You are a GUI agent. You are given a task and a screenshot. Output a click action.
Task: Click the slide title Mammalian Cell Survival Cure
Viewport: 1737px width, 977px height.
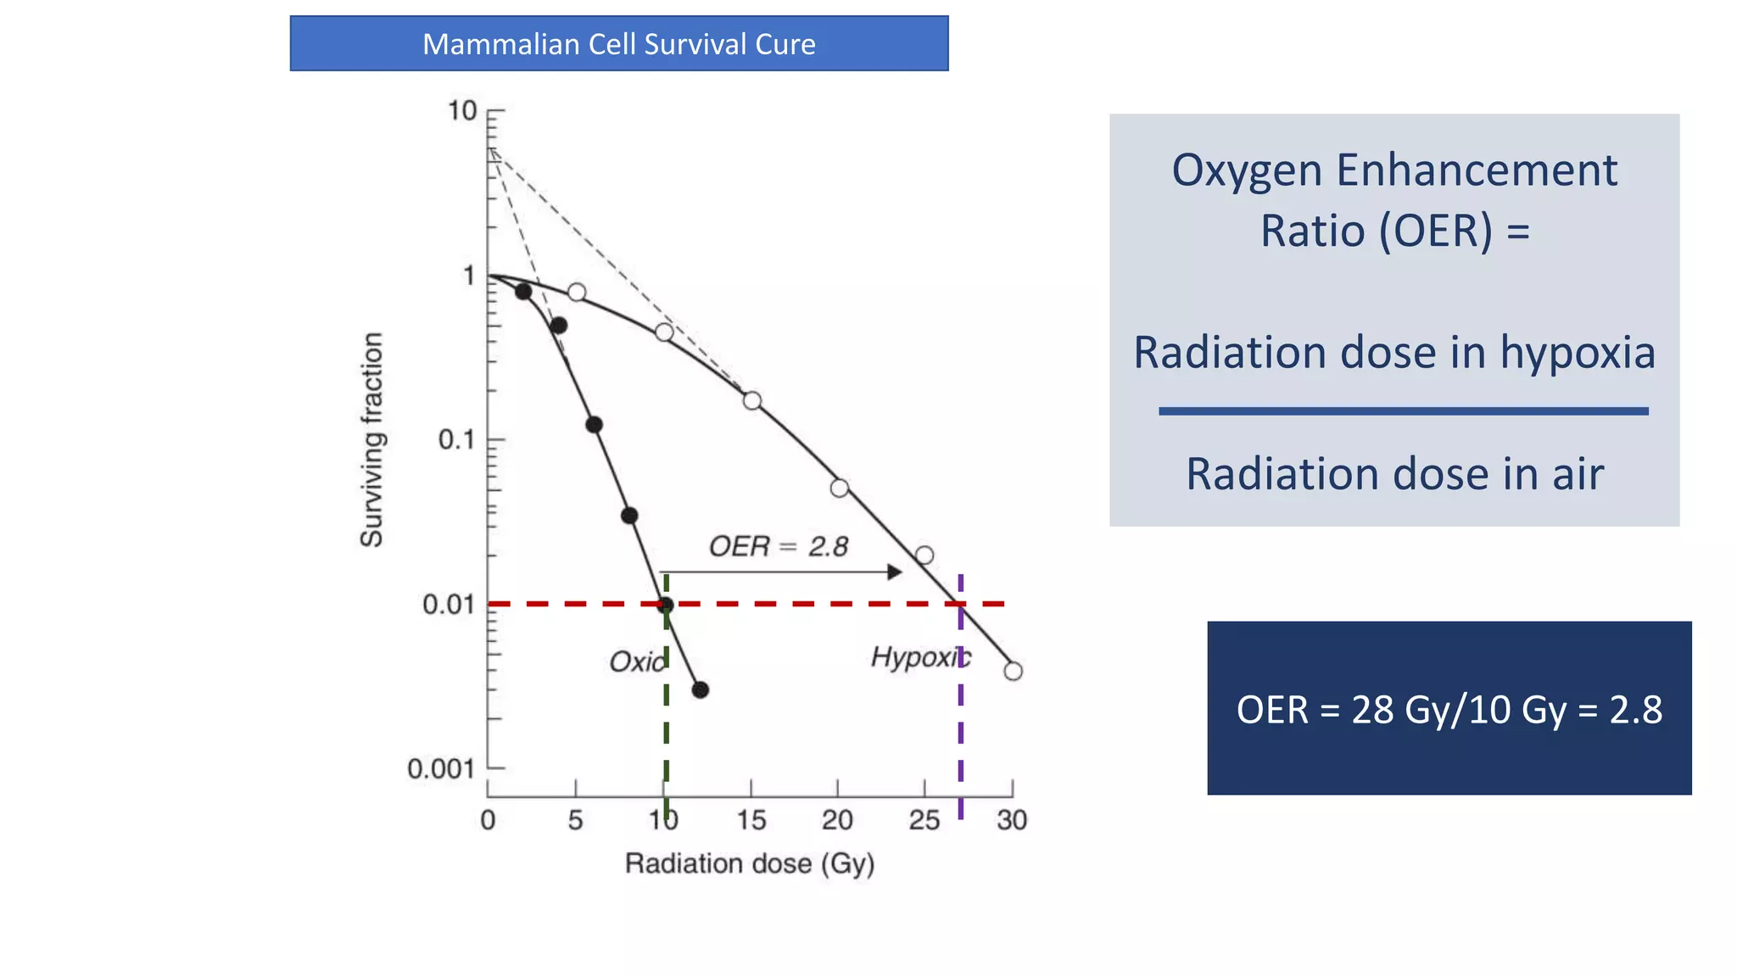tap(618, 44)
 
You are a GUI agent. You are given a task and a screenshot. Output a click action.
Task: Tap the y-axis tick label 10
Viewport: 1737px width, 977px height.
tap(462, 111)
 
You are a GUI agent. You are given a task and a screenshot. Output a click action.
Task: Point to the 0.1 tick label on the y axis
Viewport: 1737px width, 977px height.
tap(455, 440)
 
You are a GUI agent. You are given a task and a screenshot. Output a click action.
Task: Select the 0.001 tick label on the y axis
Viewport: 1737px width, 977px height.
tap(440, 769)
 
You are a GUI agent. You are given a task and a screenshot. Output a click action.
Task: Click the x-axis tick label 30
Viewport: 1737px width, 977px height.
tap(1012, 820)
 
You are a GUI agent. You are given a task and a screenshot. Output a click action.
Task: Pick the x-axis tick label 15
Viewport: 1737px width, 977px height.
tap(751, 820)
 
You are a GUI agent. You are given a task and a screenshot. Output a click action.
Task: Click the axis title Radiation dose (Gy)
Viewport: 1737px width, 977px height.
tap(750, 864)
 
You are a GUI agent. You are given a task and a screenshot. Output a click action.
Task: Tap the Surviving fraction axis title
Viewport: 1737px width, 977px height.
tap(371, 439)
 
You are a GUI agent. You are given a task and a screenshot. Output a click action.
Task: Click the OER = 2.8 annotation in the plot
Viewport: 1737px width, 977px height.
tap(778, 547)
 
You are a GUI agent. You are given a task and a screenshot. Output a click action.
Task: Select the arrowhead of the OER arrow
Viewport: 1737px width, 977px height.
tap(895, 572)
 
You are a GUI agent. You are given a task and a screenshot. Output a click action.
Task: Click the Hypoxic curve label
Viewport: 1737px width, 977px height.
tap(920, 657)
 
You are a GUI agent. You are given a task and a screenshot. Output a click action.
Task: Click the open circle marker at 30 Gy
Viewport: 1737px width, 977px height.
tap(1013, 671)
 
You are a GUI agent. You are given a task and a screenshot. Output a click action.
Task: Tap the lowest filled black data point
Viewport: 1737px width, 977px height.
tap(700, 690)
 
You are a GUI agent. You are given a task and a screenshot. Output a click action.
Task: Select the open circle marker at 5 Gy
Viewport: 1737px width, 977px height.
tap(577, 293)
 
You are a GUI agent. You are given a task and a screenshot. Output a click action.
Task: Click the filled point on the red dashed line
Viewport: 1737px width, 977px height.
tap(666, 605)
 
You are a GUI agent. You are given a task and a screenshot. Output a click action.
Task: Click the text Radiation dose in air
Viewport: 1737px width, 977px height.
tap(1394, 473)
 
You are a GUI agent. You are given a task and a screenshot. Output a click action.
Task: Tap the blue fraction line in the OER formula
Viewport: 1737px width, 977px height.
tap(1403, 411)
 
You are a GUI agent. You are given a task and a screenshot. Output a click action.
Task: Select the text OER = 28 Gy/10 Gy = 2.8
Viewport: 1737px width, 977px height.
tap(1449, 709)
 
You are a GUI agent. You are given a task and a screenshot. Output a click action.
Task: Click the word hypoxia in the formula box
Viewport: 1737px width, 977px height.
tap(1578, 352)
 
